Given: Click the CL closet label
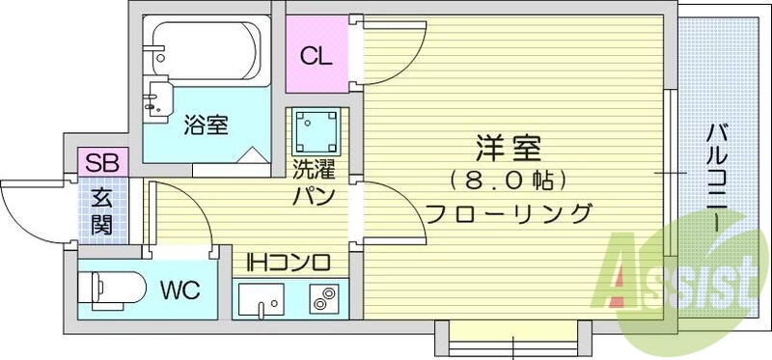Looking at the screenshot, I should pyautogui.click(x=315, y=56).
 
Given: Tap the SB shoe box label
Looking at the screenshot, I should pyautogui.click(x=101, y=163).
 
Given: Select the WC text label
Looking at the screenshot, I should pyautogui.click(x=180, y=289).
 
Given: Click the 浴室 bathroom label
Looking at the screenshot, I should pyautogui.click(x=205, y=125).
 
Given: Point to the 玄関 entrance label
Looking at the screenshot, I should pyautogui.click(x=101, y=211).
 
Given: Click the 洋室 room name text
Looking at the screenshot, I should pyautogui.click(x=508, y=150).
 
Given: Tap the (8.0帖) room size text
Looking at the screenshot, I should pyautogui.click(x=508, y=180).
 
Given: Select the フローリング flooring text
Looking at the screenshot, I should pyautogui.click(x=508, y=213).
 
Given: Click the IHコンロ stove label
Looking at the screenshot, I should pyautogui.click(x=289, y=262).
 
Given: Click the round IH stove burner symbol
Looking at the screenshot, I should pyautogui.click(x=321, y=299).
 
